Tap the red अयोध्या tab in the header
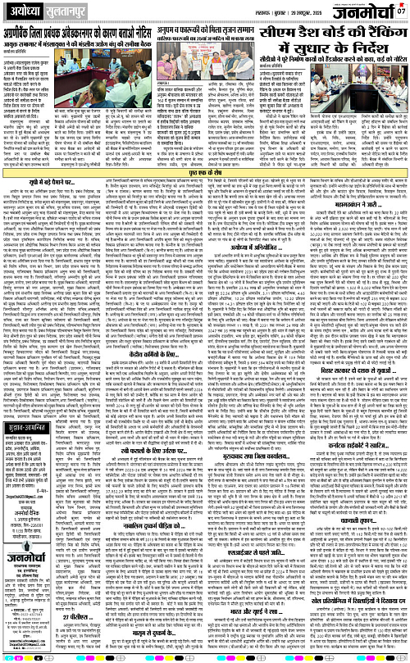(x=25, y=11)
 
